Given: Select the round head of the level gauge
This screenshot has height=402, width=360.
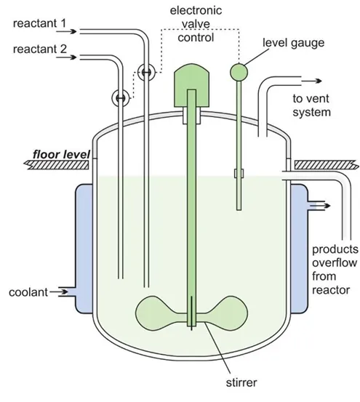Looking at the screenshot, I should tap(239, 71).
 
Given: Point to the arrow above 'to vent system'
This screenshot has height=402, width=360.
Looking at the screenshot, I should tap(308, 82).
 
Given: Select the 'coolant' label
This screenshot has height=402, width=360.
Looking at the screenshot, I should tap(28, 292).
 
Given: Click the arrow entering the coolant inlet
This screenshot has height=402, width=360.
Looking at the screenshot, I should tap(63, 292).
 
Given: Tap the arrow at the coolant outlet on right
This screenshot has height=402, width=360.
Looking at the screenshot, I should tap(318, 206).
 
